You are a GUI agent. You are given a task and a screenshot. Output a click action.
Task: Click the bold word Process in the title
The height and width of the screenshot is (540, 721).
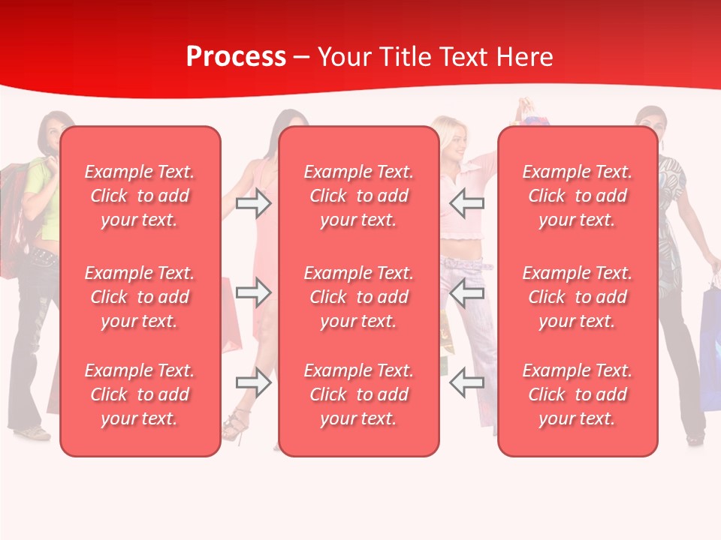[x=236, y=57]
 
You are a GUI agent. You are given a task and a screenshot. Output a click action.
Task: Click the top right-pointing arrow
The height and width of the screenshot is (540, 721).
[x=253, y=203]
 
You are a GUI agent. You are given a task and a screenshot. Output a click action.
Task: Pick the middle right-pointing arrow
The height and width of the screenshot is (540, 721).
[x=253, y=293]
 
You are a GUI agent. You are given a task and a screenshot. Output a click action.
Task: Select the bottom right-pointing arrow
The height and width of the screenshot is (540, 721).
[x=253, y=382]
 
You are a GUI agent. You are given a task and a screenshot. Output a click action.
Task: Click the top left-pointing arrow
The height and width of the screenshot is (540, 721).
[x=467, y=203]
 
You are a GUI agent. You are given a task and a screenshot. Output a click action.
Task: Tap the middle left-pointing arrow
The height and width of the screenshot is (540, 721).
[x=467, y=293]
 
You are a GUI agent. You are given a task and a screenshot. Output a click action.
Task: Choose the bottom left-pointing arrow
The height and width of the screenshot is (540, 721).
[x=467, y=382]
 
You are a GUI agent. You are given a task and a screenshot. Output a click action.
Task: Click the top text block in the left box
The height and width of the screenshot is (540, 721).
[x=140, y=196]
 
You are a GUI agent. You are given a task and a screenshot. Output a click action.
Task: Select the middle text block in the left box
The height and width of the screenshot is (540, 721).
[x=140, y=297]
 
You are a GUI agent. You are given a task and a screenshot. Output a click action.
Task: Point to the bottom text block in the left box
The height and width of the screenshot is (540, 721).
[x=140, y=394]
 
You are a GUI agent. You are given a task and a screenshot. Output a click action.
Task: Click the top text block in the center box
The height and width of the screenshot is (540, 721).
[x=358, y=196]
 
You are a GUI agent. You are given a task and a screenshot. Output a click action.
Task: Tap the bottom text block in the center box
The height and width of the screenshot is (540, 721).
[x=358, y=394]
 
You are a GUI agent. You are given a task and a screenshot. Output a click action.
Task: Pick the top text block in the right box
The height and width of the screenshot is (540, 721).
[x=577, y=196]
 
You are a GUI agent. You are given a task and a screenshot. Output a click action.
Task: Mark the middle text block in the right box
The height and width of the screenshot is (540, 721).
[x=577, y=297]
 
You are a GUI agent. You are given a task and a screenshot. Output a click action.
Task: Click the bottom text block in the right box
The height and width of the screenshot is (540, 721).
[x=577, y=394]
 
